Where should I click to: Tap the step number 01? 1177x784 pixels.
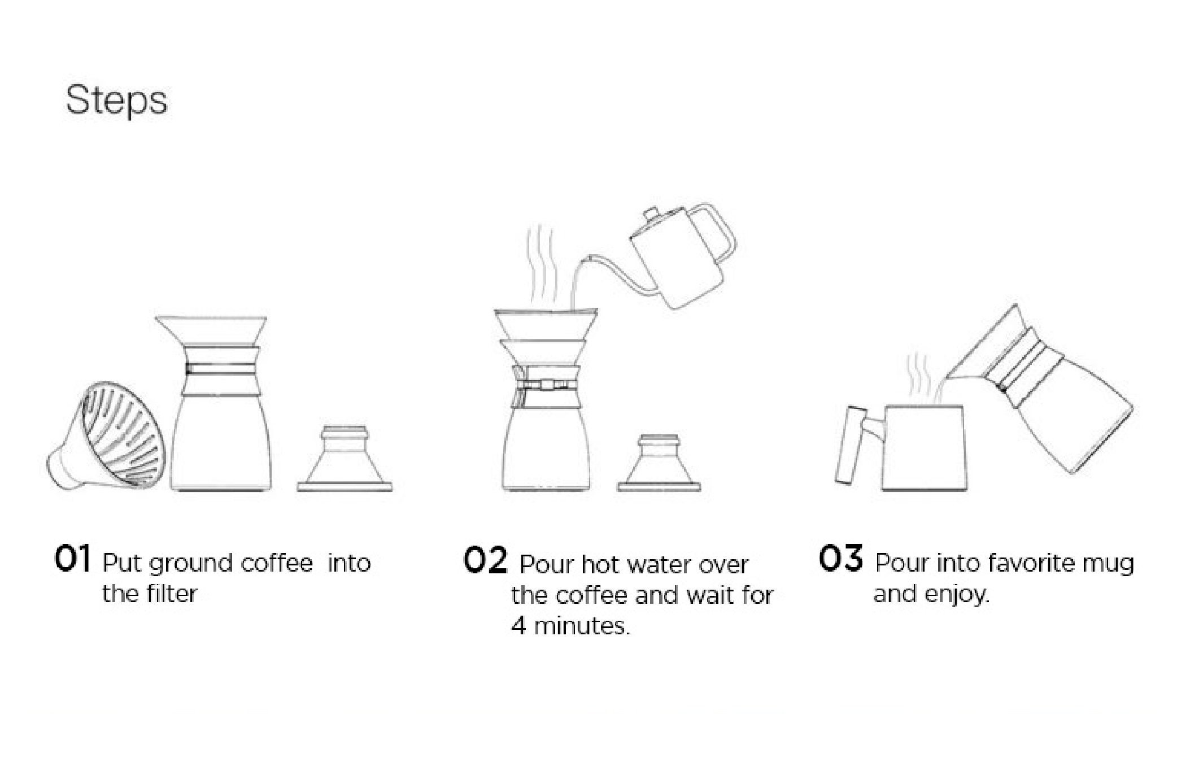tap(72, 559)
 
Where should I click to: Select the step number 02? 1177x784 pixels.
tap(485, 561)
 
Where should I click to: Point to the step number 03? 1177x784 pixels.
tap(841, 558)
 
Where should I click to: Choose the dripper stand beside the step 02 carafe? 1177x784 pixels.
tap(662, 461)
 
